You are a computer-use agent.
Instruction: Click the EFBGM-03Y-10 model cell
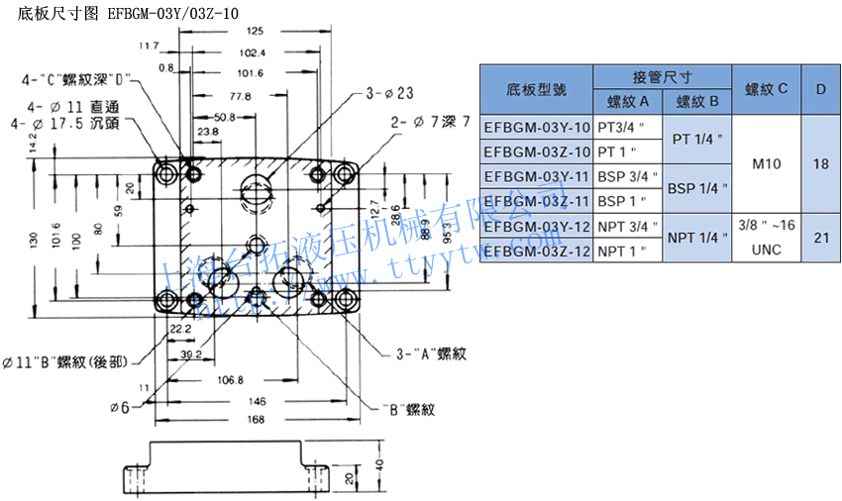pos(536,128)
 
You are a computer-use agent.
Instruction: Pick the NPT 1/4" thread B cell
pos(696,238)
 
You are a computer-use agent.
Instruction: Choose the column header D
pos(820,89)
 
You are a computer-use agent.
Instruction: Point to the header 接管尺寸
pos(662,76)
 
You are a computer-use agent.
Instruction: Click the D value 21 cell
pos(820,238)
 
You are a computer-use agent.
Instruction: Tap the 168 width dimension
pos(257,421)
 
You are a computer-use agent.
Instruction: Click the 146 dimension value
pos(257,403)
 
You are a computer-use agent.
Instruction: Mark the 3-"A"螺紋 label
pos(431,353)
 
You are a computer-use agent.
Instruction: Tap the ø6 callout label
pos(120,407)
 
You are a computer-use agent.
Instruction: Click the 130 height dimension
pos(34,240)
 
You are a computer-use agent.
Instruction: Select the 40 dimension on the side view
pos(378,464)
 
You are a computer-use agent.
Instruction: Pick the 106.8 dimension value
pos(229,380)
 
